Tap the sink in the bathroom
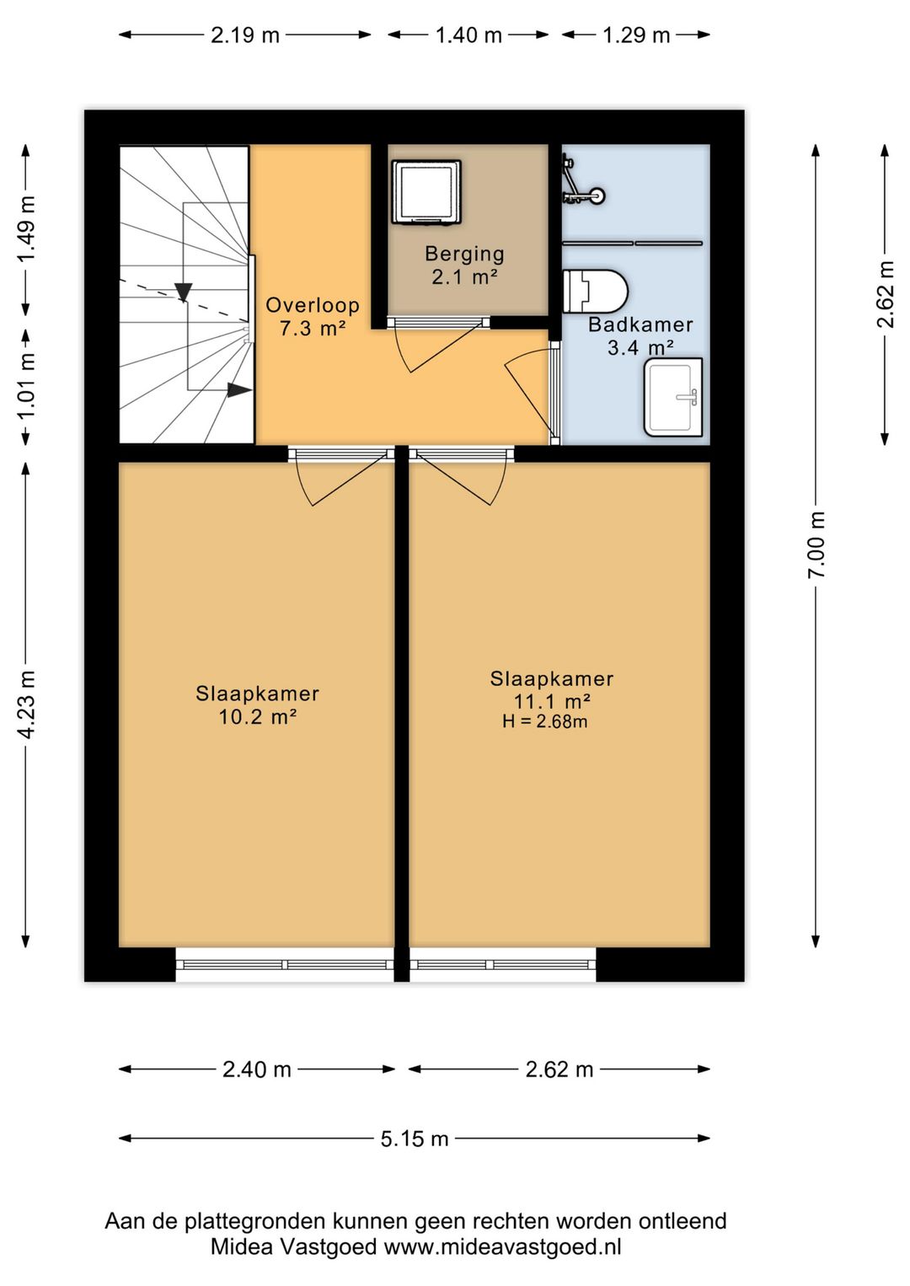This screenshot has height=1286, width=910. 673,397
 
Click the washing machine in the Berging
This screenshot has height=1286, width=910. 426,191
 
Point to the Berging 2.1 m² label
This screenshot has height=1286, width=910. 464,265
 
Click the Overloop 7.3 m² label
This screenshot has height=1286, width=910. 313,316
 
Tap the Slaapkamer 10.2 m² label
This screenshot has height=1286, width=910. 257,705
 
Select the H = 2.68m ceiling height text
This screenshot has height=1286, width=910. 545,721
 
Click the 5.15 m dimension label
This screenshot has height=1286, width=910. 414,1138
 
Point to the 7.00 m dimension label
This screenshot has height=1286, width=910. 816,545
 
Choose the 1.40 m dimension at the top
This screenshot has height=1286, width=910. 468,35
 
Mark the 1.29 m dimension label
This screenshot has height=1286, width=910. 636,35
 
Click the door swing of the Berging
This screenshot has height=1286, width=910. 439,347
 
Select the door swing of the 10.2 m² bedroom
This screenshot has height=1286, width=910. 341,480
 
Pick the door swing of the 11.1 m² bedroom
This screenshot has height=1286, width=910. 463,480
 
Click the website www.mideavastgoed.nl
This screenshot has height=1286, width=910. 502,1247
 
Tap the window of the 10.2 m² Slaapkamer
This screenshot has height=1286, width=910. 285,964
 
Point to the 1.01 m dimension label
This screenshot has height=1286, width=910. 26,387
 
